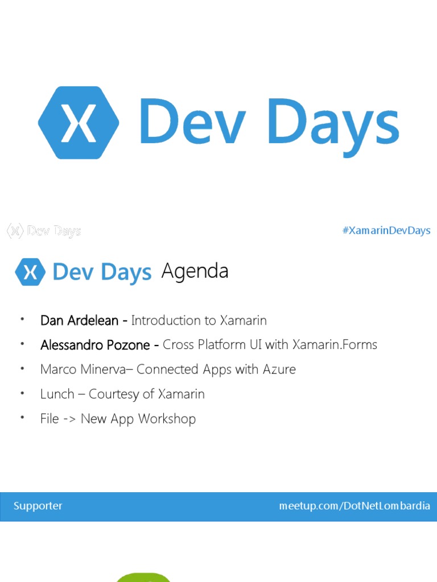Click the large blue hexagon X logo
click(79, 123)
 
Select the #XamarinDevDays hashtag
click(386, 230)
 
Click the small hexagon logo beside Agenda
click(30, 272)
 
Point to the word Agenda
click(195, 271)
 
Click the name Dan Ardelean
click(79, 320)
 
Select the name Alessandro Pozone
click(94, 344)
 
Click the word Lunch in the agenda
click(57, 394)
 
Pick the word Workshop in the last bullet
click(167, 419)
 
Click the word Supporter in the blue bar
click(38, 506)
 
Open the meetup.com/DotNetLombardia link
click(354, 506)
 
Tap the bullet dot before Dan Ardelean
click(22, 319)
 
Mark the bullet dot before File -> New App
click(22, 418)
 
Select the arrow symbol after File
click(69, 419)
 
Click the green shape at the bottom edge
click(143, 577)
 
